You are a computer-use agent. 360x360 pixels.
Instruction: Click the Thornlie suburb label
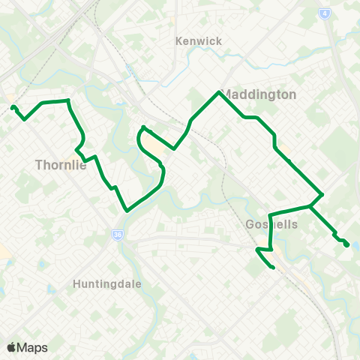[61, 166]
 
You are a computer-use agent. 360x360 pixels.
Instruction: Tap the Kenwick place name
[199, 41]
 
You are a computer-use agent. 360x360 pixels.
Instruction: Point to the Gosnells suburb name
[271, 225]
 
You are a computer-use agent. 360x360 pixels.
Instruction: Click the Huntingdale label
[108, 284]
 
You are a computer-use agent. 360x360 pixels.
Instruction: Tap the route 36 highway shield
[117, 235]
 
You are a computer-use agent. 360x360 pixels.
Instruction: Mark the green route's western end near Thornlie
[13, 108]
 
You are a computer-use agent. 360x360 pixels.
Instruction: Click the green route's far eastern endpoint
[346, 244]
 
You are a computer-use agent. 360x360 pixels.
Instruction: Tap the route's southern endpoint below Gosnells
[273, 268]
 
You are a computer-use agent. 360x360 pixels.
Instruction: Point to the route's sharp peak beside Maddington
[218, 92]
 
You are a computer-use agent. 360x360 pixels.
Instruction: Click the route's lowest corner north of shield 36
[127, 211]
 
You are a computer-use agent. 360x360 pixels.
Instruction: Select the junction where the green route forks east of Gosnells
[310, 205]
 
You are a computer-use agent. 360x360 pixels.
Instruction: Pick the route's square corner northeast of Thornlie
[68, 100]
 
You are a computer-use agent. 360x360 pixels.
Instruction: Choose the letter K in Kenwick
[178, 41]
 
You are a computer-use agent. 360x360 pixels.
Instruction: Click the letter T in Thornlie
[38, 166]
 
